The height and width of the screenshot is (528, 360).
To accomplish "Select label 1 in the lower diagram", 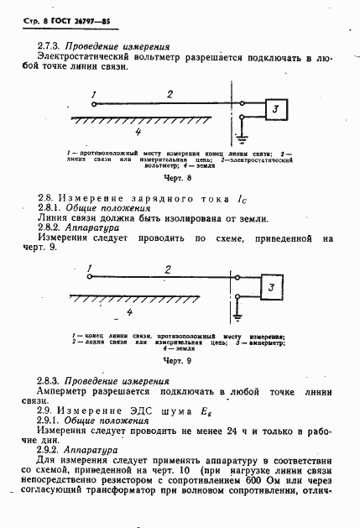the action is [x=89, y=270].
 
